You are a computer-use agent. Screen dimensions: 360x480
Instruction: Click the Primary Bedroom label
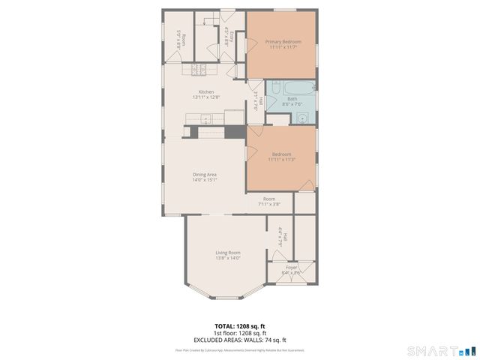pos(281,41)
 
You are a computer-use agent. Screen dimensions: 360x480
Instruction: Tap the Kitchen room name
pos(206,92)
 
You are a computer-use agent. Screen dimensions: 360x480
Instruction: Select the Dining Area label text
pos(205,175)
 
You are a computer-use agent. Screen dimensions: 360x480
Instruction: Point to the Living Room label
pos(228,253)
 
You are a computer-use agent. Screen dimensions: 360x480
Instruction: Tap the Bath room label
pos(292,99)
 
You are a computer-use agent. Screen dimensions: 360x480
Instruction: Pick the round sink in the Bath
pos(302,117)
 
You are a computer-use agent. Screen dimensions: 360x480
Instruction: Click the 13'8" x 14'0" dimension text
pos(228,258)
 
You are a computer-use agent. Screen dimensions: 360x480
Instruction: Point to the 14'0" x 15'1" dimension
pos(205,180)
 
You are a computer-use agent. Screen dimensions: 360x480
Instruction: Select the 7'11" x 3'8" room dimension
pos(269,204)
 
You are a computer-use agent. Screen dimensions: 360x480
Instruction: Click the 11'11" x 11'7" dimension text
pos(281,47)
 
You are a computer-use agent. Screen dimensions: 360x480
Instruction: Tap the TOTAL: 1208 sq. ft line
pos(239,326)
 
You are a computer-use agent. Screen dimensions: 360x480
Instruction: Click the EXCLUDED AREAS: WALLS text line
pos(239,340)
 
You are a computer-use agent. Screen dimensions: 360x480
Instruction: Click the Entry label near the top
pos(232,36)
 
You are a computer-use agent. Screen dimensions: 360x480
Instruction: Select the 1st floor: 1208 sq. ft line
pos(239,333)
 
